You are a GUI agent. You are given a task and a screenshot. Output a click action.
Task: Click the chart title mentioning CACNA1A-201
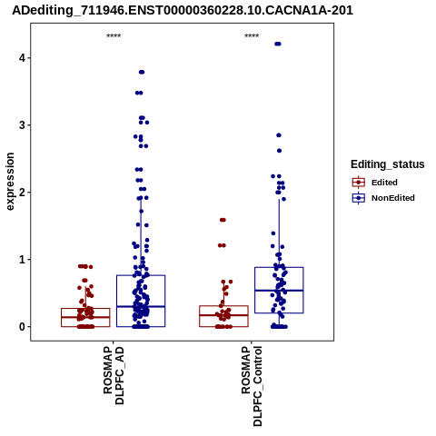(183, 11)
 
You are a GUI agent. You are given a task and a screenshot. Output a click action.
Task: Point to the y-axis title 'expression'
(10, 182)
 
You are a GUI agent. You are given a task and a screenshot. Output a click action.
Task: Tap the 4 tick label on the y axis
(22, 58)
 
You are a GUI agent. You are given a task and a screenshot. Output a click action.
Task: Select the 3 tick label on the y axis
(22, 125)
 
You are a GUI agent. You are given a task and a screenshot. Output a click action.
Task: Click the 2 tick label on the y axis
(22, 193)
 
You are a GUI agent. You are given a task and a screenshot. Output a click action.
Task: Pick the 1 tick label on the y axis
(22, 260)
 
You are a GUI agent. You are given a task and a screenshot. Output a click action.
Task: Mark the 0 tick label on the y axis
(22, 327)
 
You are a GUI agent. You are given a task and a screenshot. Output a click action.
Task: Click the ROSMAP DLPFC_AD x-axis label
(114, 375)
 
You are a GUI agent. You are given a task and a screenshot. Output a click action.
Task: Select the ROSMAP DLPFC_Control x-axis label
(252, 386)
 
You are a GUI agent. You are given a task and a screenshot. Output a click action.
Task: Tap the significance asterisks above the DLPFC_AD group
(114, 35)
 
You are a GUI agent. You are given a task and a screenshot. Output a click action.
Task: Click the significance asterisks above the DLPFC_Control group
(252, 35)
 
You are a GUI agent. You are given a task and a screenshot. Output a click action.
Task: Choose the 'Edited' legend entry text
(384, 183)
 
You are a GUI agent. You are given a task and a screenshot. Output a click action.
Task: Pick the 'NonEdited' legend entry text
(393, 198)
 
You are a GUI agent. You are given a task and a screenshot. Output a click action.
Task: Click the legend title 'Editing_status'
(388, 164)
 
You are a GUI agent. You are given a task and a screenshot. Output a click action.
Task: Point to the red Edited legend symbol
(359, 183)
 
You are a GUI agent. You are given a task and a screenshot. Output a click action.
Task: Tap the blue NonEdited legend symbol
(359, 198)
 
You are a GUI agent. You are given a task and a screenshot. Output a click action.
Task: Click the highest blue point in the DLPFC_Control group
(278, 44)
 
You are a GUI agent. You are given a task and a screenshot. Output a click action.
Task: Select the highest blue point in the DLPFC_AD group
(142, 72)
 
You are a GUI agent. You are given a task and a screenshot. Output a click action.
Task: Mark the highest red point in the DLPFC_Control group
(223, 220)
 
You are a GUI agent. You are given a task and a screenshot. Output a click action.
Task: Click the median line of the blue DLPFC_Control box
(279, 291)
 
